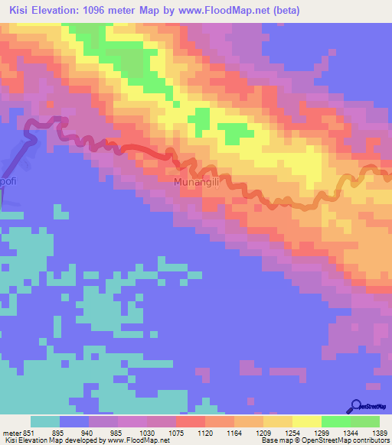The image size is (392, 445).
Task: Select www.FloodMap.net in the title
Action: tap(227, 11)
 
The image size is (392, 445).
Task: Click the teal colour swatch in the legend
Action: tap(45, 421)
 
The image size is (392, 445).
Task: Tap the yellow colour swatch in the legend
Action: tap(306, 421)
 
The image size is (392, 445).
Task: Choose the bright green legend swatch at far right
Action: tap(365, 421)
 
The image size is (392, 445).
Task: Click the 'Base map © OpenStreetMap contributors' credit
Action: tap(324, 440)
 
